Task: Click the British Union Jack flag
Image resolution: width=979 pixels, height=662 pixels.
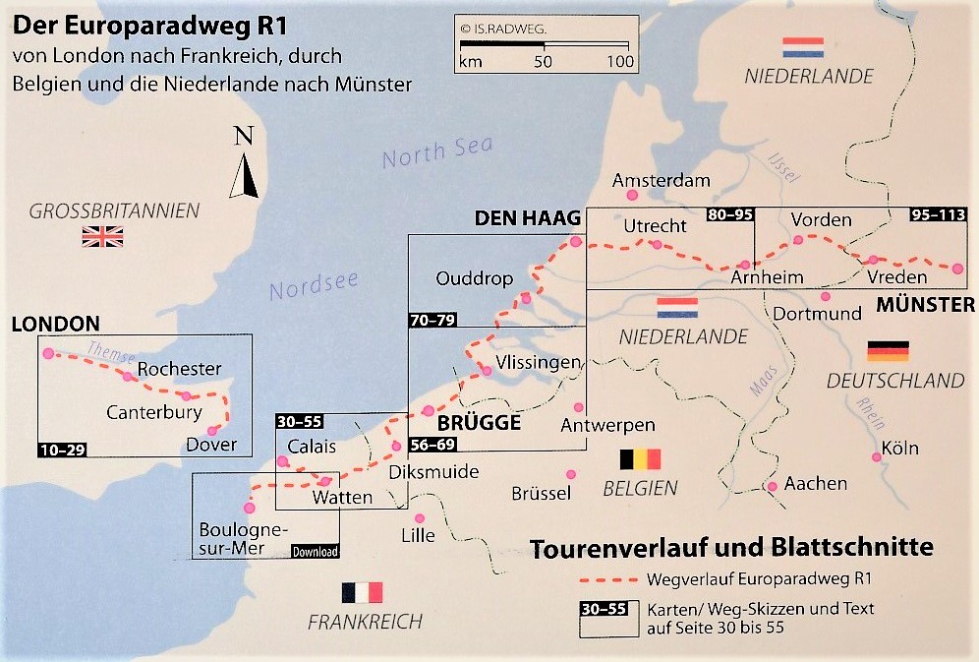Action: [103, 236]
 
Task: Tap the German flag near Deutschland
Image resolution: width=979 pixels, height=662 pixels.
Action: [888, 351]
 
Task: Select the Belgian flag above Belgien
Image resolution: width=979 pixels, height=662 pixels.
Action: [641, 459]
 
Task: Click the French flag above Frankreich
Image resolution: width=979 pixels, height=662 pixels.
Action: [362, 592]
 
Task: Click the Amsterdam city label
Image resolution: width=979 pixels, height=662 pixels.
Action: [661, 181]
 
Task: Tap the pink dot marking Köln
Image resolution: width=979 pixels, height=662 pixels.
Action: [875, 457]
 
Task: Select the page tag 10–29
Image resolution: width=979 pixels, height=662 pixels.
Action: [64, 450]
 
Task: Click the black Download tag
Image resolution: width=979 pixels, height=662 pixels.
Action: [315, 552]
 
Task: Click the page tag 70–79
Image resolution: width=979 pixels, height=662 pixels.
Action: [433, 319]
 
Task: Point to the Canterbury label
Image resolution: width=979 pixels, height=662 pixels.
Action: [154, 412]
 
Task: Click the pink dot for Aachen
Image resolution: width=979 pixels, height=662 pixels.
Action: [774, 486]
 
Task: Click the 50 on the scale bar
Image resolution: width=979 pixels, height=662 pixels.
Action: [543, 62]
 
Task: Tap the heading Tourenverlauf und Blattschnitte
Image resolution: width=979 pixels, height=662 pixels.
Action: [730, 548]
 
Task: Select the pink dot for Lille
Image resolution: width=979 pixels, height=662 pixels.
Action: [420, 518]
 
